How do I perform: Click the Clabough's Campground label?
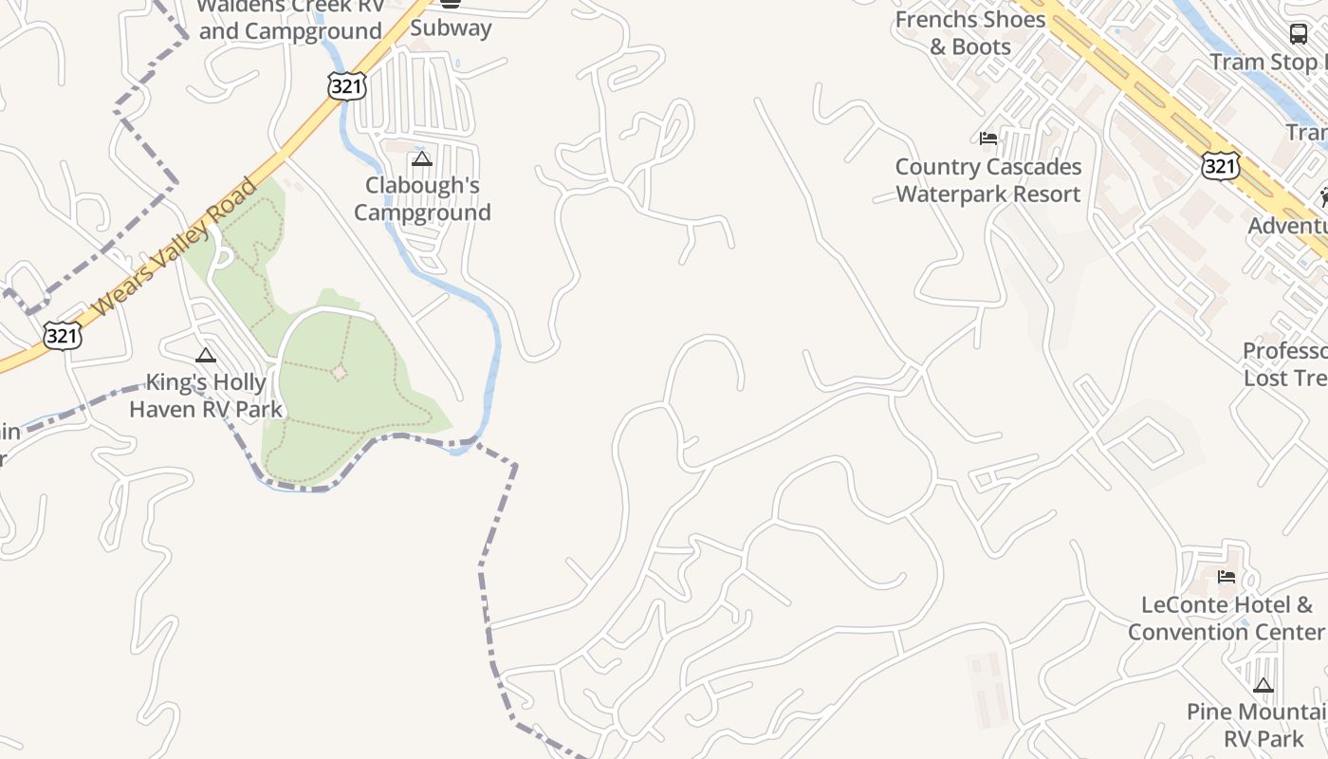423,199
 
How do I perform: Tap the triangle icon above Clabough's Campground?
422,158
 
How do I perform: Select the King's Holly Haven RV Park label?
206,397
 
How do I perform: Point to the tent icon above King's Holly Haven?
206,356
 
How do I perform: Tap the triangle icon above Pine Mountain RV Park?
1263,685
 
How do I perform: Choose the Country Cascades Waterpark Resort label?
988,180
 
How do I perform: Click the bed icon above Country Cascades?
988,139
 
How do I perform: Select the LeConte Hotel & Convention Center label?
1226,619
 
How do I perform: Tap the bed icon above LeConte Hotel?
1227,576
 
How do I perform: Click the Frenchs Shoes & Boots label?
970,33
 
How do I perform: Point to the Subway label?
451,28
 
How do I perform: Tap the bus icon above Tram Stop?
1299,34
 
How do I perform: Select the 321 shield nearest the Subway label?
345,84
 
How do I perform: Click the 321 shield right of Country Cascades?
1219,165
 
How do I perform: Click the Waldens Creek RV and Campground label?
291,19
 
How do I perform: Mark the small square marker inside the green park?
340,373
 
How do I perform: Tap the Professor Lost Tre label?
1286,364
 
